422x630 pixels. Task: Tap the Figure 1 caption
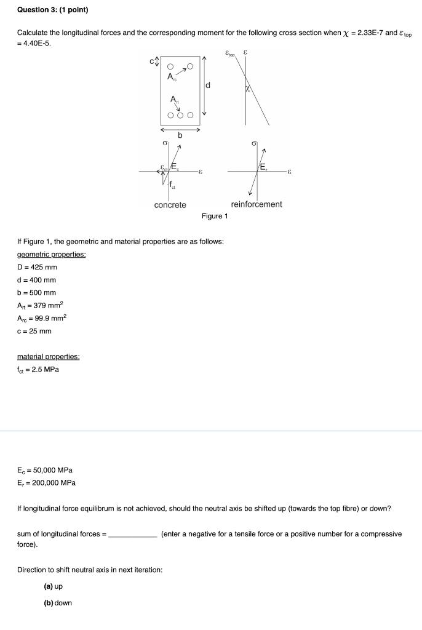click(214, 216)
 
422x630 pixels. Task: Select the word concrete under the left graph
click(170, 204)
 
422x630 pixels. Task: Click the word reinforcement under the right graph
click(257, 204)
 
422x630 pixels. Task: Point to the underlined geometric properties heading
click(51, 254)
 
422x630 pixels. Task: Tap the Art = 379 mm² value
click(41, 306)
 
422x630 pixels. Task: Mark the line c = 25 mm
click(34, 331)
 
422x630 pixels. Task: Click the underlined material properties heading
click(49, 357)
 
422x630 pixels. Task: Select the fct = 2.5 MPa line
click(38, 370)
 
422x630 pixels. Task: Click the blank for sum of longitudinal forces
click(132, 535)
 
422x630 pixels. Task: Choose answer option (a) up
click(54, 587)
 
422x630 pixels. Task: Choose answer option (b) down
click(57, 602)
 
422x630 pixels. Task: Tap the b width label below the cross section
click(180, 135)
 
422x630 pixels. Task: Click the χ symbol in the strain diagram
click(249, 89)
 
